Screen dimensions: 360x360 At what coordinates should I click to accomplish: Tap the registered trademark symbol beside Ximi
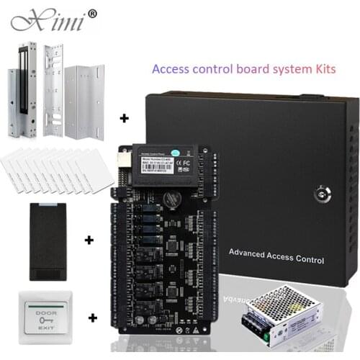pos(91,13)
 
